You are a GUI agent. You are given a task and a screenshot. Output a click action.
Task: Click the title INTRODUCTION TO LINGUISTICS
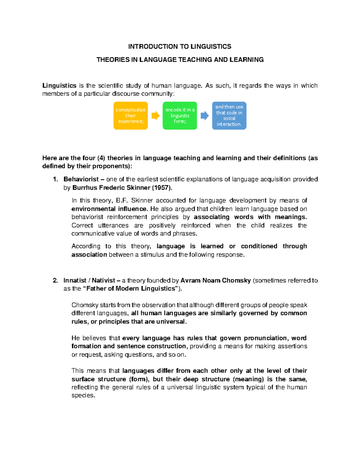point(179,47)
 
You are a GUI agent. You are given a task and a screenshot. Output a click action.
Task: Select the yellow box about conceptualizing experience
point(130,116)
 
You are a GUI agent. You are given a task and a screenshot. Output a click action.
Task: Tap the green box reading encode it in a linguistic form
point(180,116)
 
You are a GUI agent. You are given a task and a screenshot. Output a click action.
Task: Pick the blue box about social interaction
point(229,116)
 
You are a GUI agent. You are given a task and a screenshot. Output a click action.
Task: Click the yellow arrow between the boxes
point(155,116)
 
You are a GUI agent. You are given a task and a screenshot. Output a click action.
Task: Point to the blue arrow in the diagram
point(205,116)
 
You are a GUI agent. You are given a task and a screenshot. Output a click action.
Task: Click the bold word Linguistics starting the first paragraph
point(59,86)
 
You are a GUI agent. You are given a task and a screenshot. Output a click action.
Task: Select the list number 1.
point(55,179)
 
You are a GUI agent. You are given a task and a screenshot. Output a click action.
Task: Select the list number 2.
point(55,281)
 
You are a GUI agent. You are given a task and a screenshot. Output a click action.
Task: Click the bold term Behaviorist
point(81,179)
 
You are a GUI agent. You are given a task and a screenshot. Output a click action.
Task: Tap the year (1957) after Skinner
point(162,188)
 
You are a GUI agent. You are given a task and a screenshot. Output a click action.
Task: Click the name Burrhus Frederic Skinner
point(111,188)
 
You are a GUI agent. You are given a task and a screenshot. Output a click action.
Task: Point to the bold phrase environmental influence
point(109,209)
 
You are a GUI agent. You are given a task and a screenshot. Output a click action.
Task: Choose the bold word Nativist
point(103,281)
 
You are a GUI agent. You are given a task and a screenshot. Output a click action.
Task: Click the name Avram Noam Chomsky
point(215,281)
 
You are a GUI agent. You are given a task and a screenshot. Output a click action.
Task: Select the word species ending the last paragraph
point(83,395)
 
